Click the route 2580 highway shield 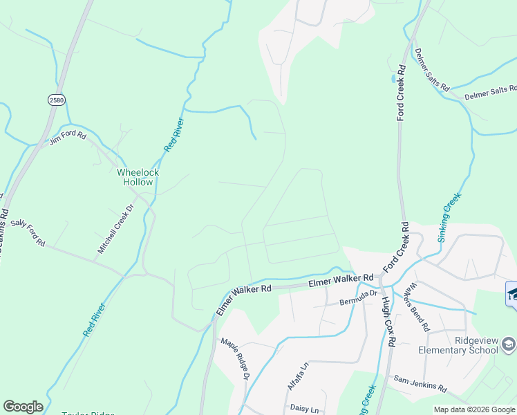56,100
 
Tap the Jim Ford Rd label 66,138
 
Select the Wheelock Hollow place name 138,177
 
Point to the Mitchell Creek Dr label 115,228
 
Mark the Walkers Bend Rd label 419,306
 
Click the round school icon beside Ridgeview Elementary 508,344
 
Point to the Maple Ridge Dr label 234,359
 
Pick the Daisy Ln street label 301,408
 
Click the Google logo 23,407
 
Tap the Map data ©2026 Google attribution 474,409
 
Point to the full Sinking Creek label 449,217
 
